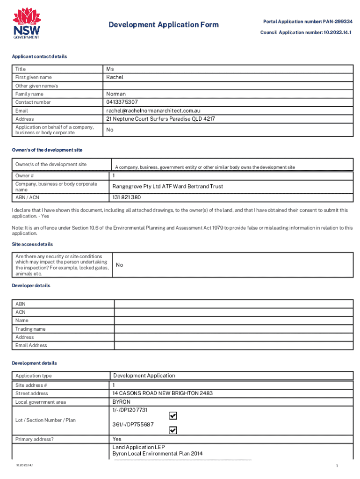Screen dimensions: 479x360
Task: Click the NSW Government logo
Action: [x=26, y=23]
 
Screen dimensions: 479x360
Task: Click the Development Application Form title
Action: [x=164, y=25]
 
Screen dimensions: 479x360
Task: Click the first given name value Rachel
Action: [x=115, y=77]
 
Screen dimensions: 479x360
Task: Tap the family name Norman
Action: [x=116, y=94]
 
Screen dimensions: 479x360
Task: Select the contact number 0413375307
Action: [x=122, y=102]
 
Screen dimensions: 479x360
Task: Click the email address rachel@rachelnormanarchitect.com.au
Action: [x=153, y=111]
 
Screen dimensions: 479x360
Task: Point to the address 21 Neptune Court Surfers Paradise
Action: [x=160, y=119]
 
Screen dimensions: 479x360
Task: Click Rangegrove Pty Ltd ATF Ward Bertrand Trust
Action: [x=167, y=187]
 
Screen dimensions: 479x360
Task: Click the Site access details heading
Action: [x=32, y=245]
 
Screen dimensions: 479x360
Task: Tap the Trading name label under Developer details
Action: [x=30, y=329]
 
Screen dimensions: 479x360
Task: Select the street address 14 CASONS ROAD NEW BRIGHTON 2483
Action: [x=162, y=393]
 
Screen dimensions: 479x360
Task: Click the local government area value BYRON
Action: [x=121, y=402]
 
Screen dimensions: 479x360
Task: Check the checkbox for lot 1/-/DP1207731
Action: [x=173, y=415]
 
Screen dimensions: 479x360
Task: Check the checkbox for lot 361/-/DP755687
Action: [x=173, y=430]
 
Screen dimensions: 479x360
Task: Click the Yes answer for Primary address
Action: [x=117, y=439]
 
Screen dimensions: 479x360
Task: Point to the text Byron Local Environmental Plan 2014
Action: [x=158, y=454]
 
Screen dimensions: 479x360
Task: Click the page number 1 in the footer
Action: [x=336, y=466]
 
